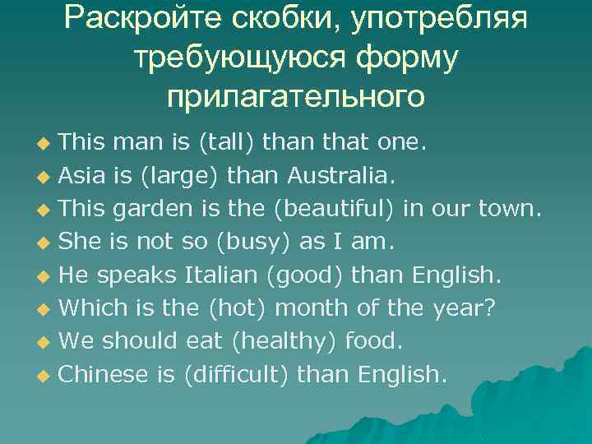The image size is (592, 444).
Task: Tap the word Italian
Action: tap(219, 275)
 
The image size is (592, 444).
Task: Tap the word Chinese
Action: tap(104, 375)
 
